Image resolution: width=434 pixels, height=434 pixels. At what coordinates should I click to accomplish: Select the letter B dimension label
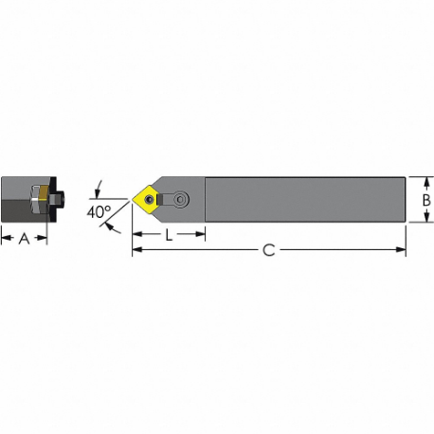tap(426, 200)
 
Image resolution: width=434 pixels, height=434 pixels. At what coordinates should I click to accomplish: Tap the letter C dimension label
tap(268, 250)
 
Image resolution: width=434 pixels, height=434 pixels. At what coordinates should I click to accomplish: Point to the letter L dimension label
tap(169, 235)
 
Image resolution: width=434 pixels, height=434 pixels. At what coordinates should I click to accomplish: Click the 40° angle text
tap(99, 212)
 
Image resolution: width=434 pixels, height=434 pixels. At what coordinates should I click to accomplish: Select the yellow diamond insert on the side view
tap(149, 199)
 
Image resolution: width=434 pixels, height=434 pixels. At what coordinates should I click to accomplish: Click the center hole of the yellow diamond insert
tap(150, 199)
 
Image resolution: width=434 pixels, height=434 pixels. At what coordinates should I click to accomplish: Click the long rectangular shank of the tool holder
tap(303, 199)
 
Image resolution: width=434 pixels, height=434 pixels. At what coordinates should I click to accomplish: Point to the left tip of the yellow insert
tap(134, 199)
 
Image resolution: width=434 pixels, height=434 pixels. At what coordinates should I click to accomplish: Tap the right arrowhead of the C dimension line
tap(401, 250)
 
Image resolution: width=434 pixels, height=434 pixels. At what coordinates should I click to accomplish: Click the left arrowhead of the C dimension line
tap(136, 250)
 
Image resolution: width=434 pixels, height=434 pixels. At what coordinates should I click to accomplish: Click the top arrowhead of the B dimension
tap(426, 180)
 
